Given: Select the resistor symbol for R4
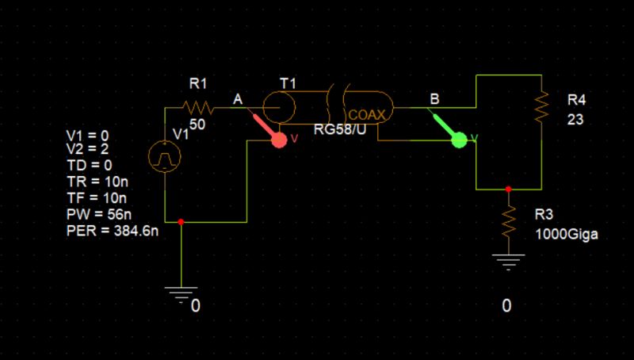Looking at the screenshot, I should (x=540, y=105).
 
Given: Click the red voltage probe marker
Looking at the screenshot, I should (x=278, y=140).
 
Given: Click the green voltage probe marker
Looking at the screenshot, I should (x=458, y=140).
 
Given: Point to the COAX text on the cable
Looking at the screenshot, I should (x=367, y=115).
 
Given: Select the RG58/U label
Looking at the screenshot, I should (x=340, y=130).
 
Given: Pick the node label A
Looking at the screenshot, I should (x=238, y=99).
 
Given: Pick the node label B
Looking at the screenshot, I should (x=433, y=99).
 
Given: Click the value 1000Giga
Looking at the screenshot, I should (x=566, y=235).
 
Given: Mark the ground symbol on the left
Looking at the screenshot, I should (x=182, y=293).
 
